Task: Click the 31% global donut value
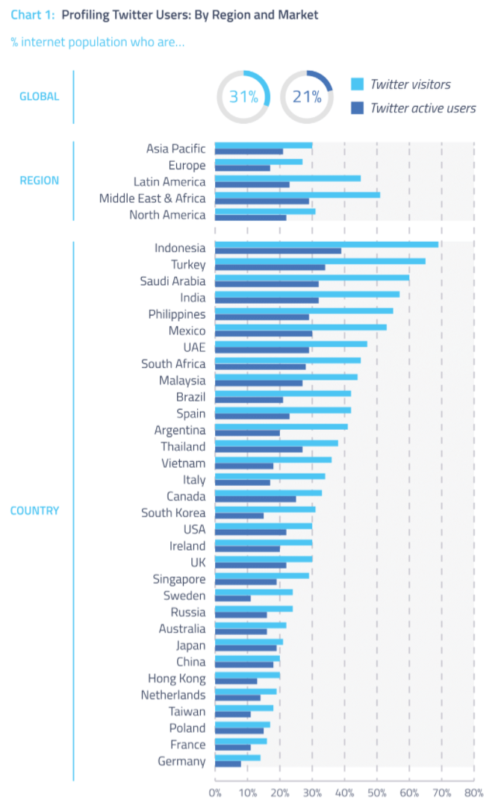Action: tap(243, 97)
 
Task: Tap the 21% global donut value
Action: tap(307, 97)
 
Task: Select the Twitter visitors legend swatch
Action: tap(357, 84)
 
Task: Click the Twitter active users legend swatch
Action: tap(357, 108)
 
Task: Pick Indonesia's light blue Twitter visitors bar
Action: tap(326, 244)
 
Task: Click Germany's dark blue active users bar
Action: tap(228, 764)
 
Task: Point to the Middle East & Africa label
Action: tap(152, 199)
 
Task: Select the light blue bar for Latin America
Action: tap(287, 178)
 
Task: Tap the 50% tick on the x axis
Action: tap(376, 793)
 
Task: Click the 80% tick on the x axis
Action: tap(473, 793)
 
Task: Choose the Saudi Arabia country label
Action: tap(172, 281)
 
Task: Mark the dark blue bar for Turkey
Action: tap(270, 267)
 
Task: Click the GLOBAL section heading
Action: tap(40, 96)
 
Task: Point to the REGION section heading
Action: tap(40, 180)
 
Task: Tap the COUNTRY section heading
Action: tap(34, 511)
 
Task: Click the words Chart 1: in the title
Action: tap(33, 15)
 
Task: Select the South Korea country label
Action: tap(173, 513)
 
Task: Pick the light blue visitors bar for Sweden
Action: tap(253, 592)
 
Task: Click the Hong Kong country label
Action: tap(176, 678)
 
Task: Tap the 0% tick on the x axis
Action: tap(215, 793)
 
